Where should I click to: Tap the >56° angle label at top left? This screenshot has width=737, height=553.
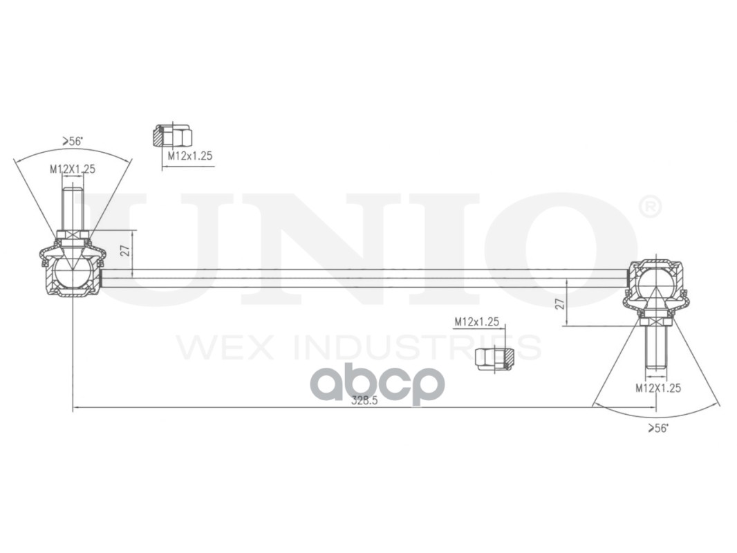(x=73, y=141)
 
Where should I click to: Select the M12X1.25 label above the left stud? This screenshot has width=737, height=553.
(x=72, y=169)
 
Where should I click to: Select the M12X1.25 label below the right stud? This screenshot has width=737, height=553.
(x=658, y=388)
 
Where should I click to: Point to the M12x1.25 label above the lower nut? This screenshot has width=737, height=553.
(x=476, y=321)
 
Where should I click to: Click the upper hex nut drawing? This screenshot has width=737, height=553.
(x=171, y=135)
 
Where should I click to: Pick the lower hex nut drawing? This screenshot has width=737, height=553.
(x=495, y=358)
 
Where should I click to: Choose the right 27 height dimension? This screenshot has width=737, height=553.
(x=560, y=302)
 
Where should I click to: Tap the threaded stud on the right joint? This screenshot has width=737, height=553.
(x=655, y=347)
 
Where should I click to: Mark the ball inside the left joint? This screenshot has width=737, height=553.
(x=71, y=272)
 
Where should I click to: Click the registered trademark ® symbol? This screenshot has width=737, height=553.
(x=649, y=207)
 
